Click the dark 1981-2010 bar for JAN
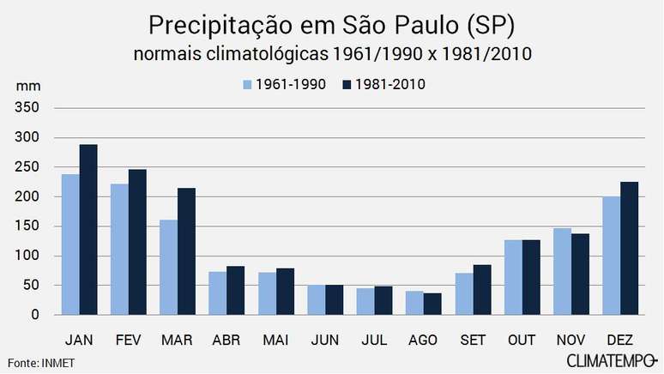(x=88, y=230)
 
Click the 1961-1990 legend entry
(x=284, y=84)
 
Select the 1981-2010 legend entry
(x=383, y=84)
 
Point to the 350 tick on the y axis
(x=27, y=108)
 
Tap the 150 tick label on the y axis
(x=27, y=226)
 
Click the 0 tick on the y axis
(x=35, y=315)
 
